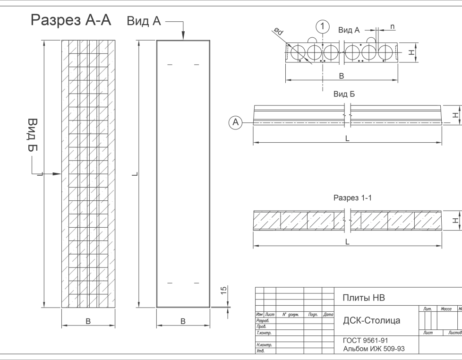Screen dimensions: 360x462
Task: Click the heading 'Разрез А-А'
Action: point(71,20)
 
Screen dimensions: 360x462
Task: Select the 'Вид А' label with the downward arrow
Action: point(144,21)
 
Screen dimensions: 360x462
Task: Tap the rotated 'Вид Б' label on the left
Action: point(32,135)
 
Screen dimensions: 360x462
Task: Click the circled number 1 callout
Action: point(322,26)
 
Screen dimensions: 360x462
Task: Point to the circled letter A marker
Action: point(235,123)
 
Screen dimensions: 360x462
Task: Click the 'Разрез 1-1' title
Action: point(352,198)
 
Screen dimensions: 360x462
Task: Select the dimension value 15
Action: point(224,290)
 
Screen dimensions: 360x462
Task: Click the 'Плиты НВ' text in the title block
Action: point(363,298)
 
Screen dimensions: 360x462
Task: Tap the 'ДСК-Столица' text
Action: point(371,320)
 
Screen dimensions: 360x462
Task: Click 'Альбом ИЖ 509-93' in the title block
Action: point(373,349)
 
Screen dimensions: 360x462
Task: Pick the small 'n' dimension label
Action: point(393,28)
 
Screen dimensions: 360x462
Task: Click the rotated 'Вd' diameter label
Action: point(278,32)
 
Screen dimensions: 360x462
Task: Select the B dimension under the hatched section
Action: point(88,321)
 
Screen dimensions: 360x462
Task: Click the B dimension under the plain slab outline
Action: point(183,321)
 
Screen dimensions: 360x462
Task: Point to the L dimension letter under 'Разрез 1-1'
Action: point(347,242)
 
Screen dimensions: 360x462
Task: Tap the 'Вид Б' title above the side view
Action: point(344,94)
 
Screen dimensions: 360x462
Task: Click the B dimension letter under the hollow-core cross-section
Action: point(342,76)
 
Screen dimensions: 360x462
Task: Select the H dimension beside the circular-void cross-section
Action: point(411,52)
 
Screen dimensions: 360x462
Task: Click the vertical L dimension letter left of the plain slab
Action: point(135,174)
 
